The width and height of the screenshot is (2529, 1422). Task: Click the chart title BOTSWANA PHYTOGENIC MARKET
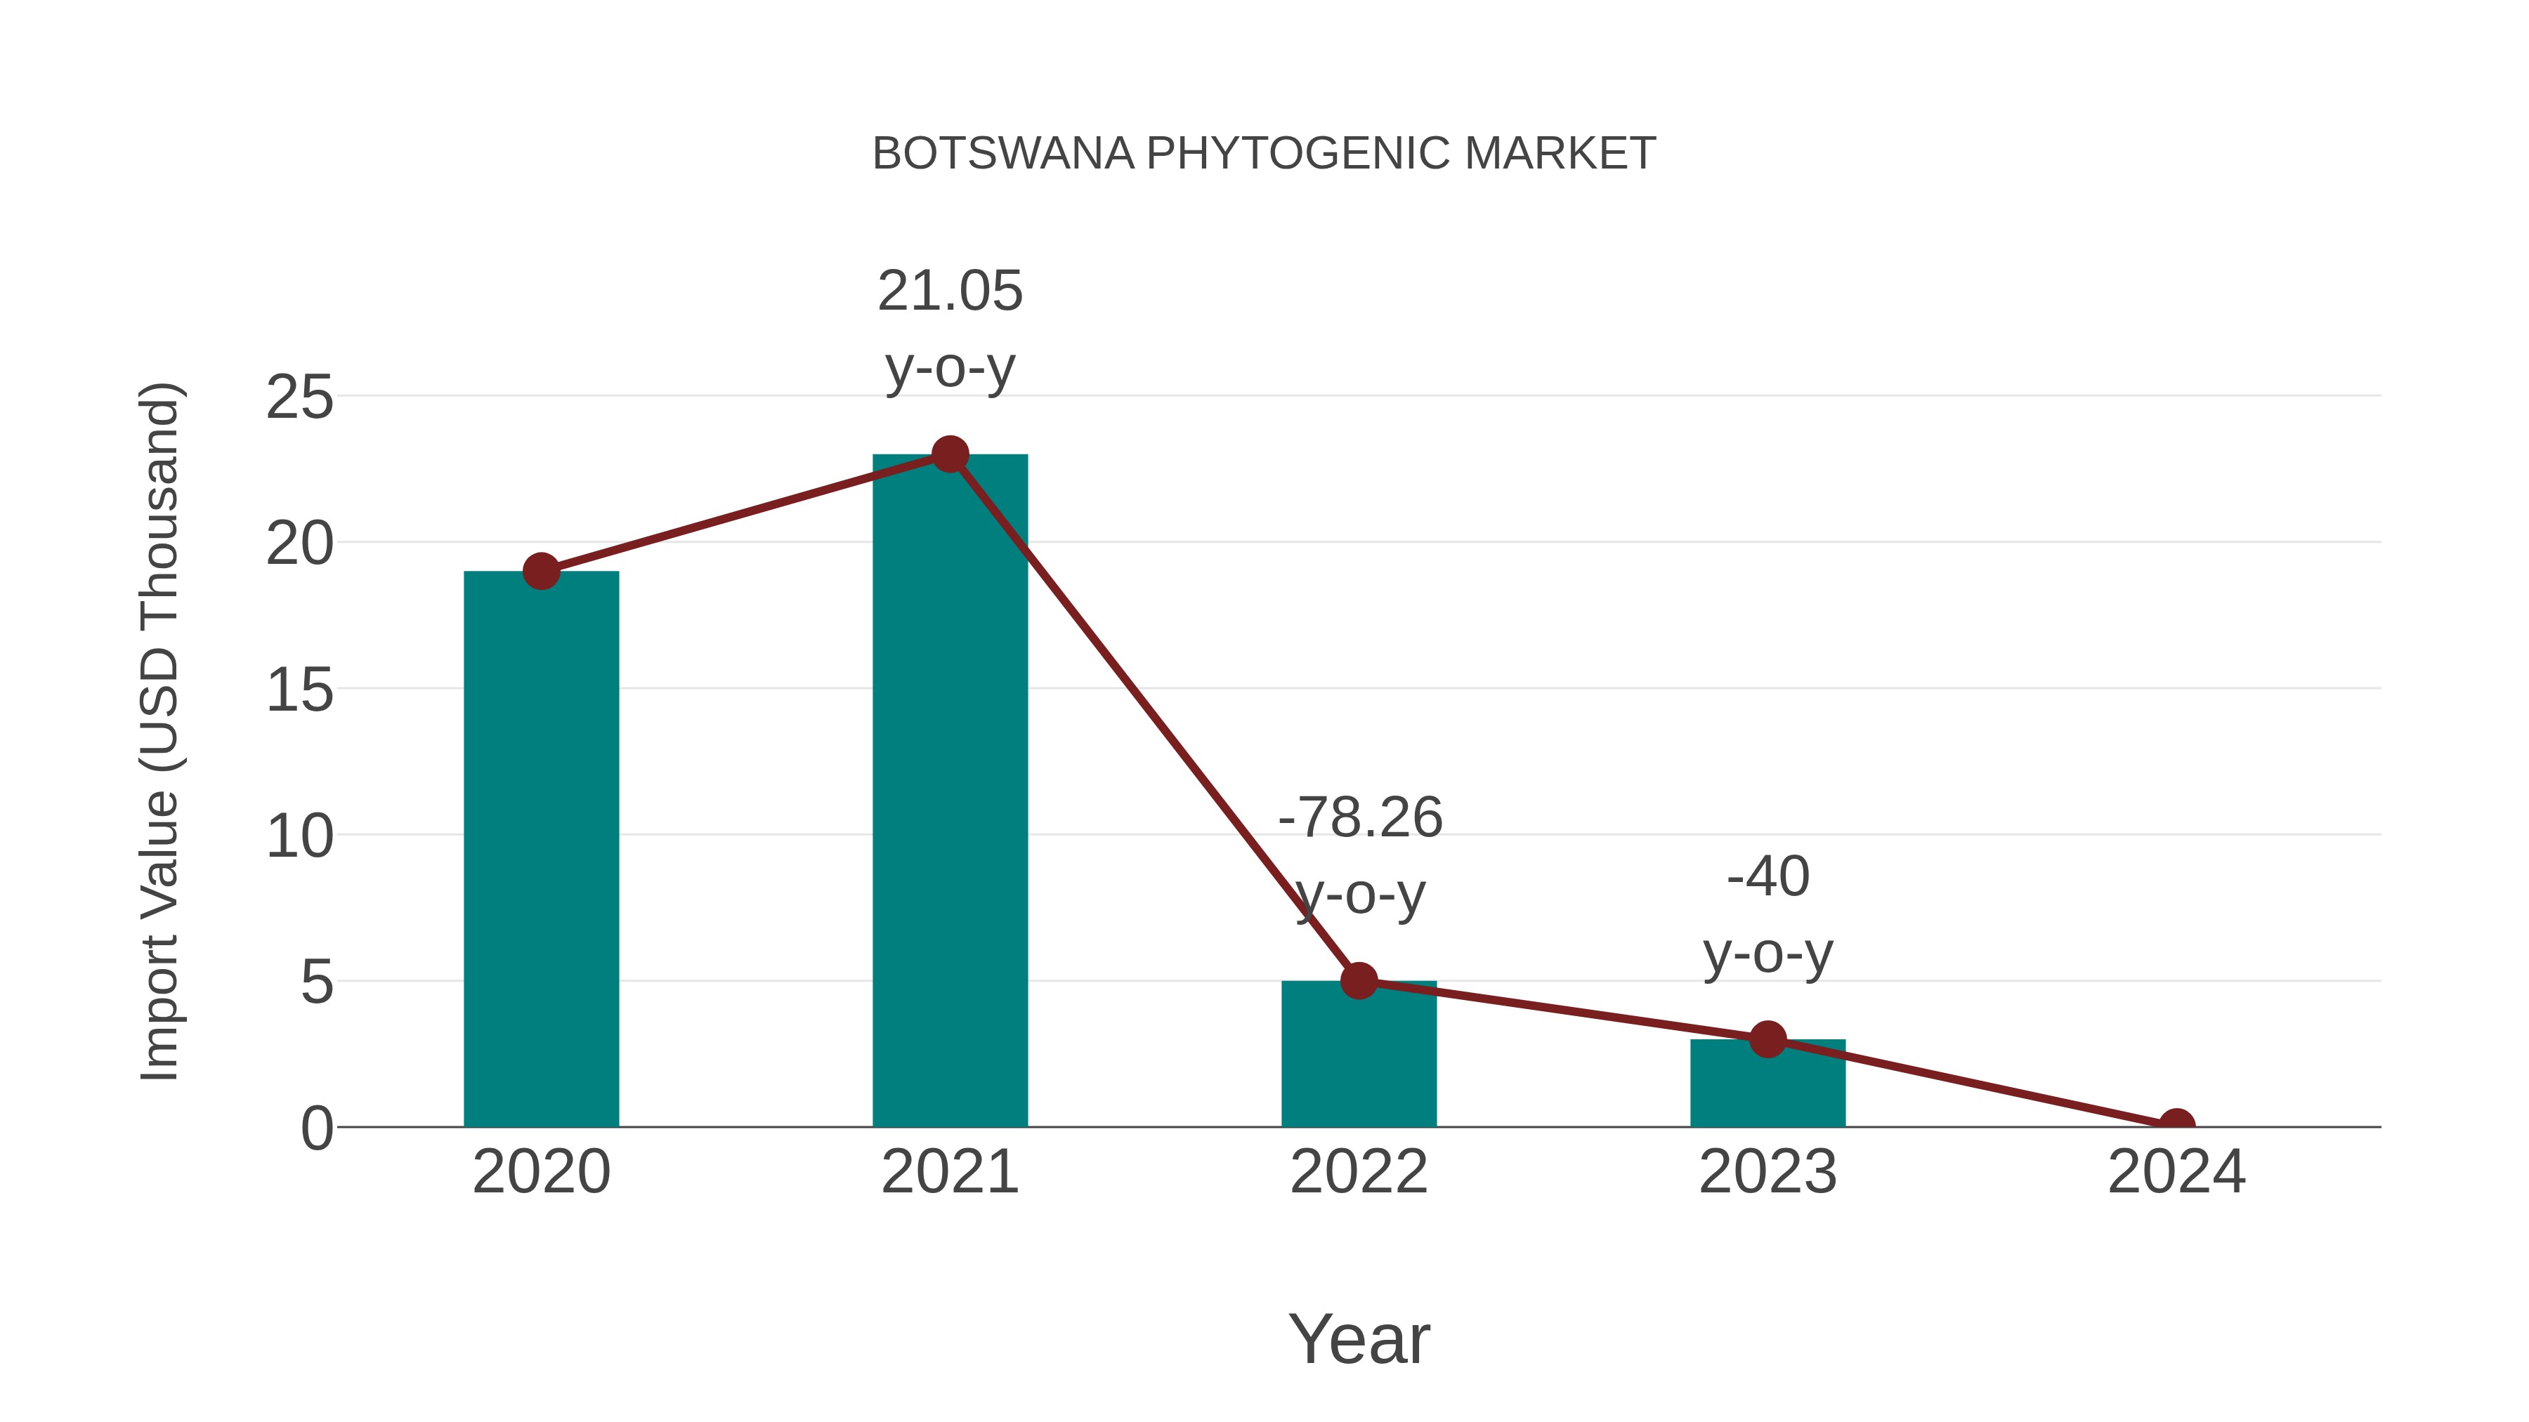point(1264,154)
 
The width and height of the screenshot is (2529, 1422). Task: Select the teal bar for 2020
point(541,849)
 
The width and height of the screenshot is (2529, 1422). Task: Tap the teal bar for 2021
point(949,790)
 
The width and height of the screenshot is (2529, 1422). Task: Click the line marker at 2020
point(541,570)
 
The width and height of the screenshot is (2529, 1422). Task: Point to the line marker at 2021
point(949,454)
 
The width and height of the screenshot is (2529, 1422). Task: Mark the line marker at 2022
point(1359,980)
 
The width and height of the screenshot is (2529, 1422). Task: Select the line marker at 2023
point(1767,1039)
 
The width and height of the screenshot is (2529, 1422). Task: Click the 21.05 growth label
point(949,291)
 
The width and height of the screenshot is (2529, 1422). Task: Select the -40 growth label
point(1767,876)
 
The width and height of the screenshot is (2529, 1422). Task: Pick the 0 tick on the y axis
point(316,1128)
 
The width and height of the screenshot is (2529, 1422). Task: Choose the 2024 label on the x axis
point(2176,1172)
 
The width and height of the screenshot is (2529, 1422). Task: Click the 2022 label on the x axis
point(1359,1172)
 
